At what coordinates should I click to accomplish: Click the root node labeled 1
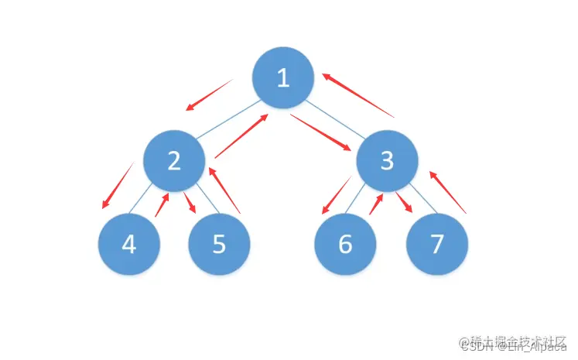(282, 78)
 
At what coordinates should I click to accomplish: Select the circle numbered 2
(174, 160)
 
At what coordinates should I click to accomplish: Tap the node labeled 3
(387, 160)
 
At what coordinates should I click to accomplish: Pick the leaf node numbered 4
(128, 244)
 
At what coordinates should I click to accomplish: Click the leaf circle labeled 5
(219, 244)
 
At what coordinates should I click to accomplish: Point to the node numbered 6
(345, 244)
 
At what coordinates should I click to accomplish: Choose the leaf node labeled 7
(437, 244)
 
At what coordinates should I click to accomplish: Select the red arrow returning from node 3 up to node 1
(358, 95)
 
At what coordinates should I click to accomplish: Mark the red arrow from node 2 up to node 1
(241, 135)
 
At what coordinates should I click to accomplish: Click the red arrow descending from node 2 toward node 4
(117, 186)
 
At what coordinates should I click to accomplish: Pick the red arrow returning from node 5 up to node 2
(225, 190)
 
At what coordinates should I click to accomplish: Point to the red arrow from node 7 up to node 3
(448, 192)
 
